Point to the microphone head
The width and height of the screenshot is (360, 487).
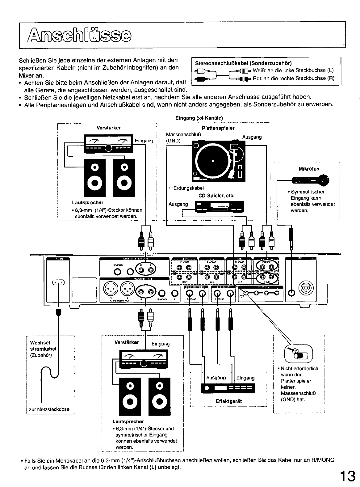[x=324, y=180]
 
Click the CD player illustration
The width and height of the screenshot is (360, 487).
[x=219, y=207]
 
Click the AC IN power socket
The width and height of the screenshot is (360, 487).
[x=58, y=282]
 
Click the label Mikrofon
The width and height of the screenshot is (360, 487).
[x=309, y=169]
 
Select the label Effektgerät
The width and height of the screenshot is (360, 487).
[x=229, y=401]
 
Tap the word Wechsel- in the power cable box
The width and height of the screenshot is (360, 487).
[x=40, y=343]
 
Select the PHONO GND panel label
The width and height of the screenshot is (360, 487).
[x=262, y=287]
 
